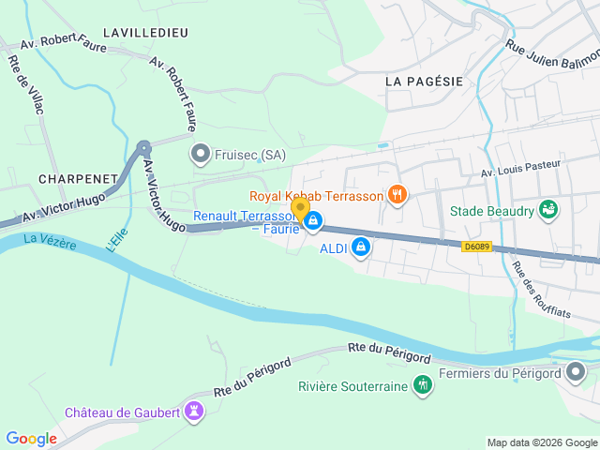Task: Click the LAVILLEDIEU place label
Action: click(145, 33)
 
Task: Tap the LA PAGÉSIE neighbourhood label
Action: click(425, 82)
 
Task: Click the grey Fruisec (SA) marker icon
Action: click(200, 154)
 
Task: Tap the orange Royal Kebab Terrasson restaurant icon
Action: click(398, 195)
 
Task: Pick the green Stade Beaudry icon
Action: click(549, 210)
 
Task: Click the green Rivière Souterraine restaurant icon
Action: click(423, 385)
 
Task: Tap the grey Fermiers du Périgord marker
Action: click(577, 374)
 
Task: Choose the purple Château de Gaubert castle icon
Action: click(194, 411)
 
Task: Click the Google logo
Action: click(31, 438)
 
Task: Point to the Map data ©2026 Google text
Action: click(542, 442)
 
